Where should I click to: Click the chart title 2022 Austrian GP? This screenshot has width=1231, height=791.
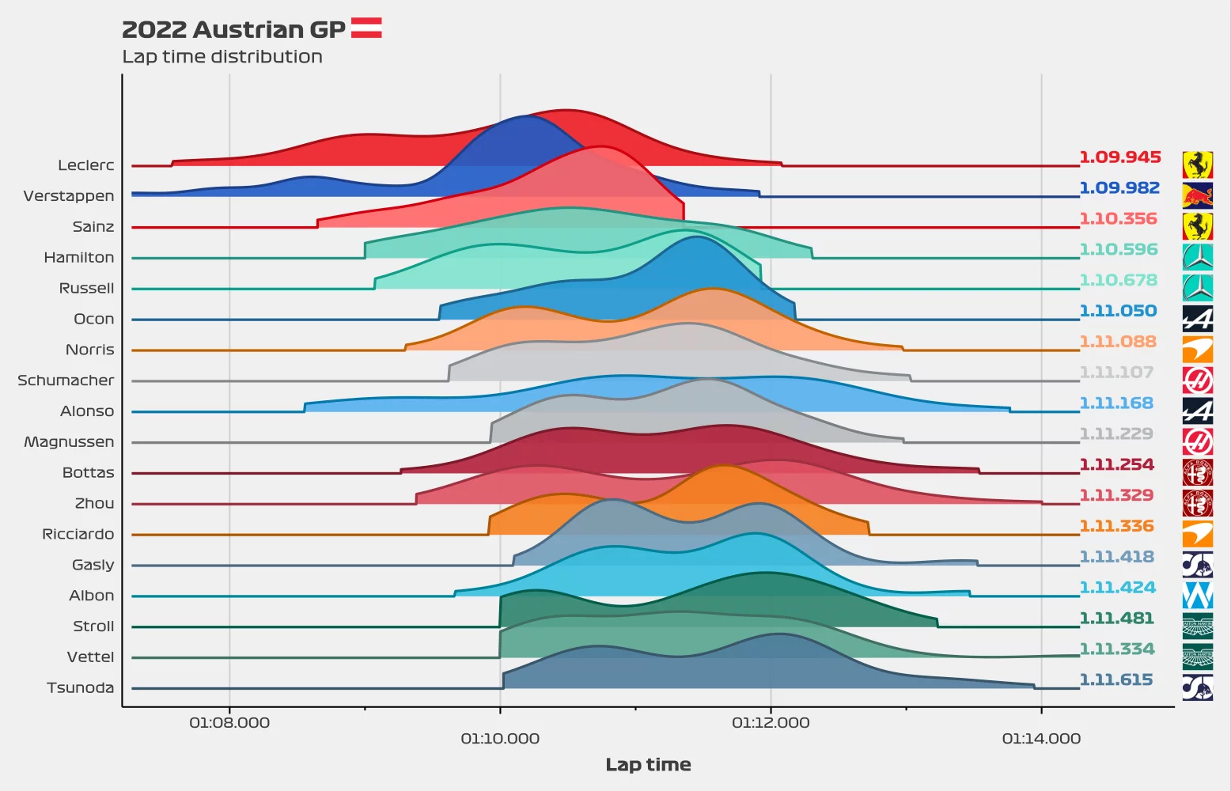coord(233,29)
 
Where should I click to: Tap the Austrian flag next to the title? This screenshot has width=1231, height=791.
coord(366,28)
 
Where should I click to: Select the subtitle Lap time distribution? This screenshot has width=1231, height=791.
coord(222,57)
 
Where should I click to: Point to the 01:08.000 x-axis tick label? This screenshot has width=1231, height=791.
coord(229,722)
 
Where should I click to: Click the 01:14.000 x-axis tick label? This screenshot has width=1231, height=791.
coord(1041,739)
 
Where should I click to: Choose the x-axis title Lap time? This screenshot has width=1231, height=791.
coord(648,765)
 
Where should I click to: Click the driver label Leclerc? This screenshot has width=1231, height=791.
coord(86,165)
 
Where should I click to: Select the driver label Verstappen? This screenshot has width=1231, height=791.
coord(69,196)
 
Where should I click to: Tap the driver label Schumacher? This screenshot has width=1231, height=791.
coord(66,380)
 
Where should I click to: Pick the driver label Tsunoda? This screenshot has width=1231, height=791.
coord(80,688)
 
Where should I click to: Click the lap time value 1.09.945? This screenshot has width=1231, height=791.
coord(1120,157)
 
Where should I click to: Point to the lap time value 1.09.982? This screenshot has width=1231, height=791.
coord(1119,188)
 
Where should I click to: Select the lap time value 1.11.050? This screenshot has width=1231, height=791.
coord(1118,311)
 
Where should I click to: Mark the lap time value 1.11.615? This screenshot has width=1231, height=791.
coord(1116,680)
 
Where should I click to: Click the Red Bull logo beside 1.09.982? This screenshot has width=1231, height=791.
coord(1197,195)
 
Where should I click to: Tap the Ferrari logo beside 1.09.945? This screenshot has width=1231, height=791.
coord(1197,165)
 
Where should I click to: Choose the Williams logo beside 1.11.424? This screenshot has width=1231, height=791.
coord(1197,595)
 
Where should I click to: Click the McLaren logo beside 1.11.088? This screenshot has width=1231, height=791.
coord(1197,349)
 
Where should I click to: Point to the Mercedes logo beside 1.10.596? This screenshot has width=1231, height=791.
coord(1197,257)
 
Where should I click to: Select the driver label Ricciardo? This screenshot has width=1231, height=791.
coord(78,535)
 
